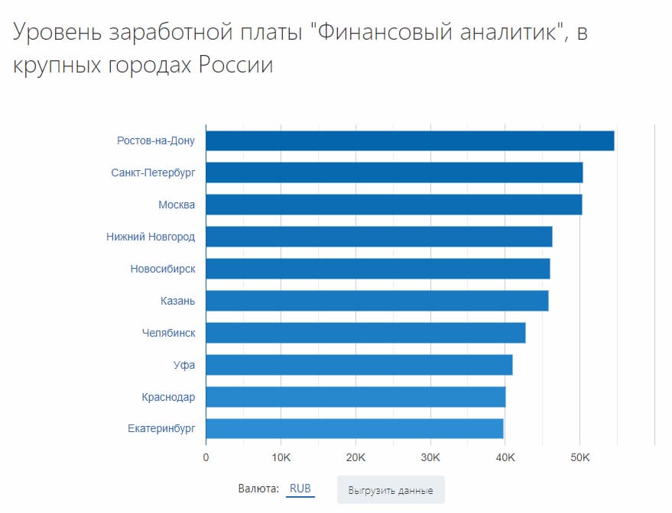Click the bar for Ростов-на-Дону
(410, 141)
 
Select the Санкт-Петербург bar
(394, 173)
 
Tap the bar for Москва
(394, 205)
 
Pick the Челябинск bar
(365, 333)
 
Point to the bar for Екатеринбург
(355, 428)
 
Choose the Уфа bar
(359, 365)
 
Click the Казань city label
(177, 301)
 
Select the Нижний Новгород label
(151, 237)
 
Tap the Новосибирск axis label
(163, 269)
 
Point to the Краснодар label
(168, 397)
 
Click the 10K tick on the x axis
(281, 457)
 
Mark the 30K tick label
(430, 457)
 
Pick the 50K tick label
(579, 457)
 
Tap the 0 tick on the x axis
(206, 457)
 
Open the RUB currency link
(300, 489)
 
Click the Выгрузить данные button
(391, 490)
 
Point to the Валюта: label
(258, 489)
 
